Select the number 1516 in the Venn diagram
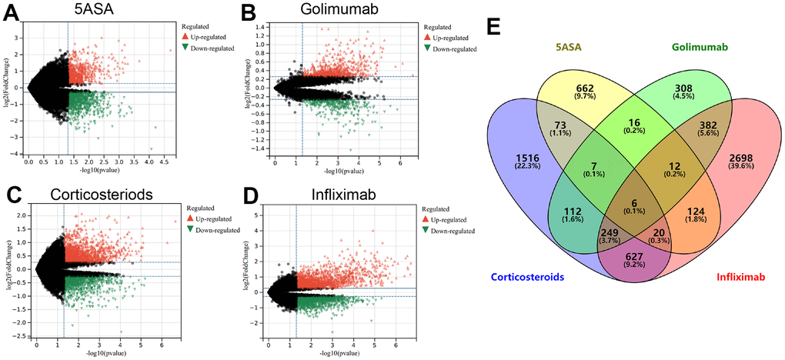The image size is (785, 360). pyautogui.click(x=523, y=158)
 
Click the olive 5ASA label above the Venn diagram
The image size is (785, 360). pyautogui.click(x=569, y=48)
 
